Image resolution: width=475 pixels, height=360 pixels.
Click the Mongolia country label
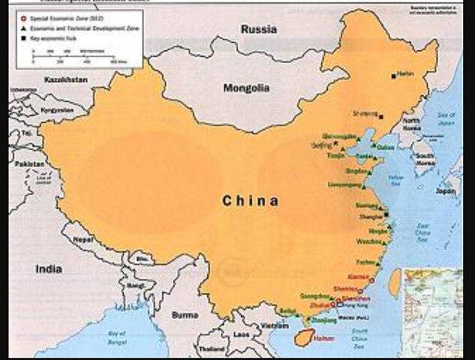click(x=246, y=88)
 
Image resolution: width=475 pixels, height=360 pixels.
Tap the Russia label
click(x=258, y=29)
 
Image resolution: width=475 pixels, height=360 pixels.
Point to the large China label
click(x=251, y=201)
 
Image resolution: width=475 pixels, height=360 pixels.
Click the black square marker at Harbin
click(x=393, y=75)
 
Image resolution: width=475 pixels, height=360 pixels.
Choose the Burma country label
click(x=185, y=315)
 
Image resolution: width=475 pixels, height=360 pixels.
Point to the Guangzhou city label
click(x=317, y=296)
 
